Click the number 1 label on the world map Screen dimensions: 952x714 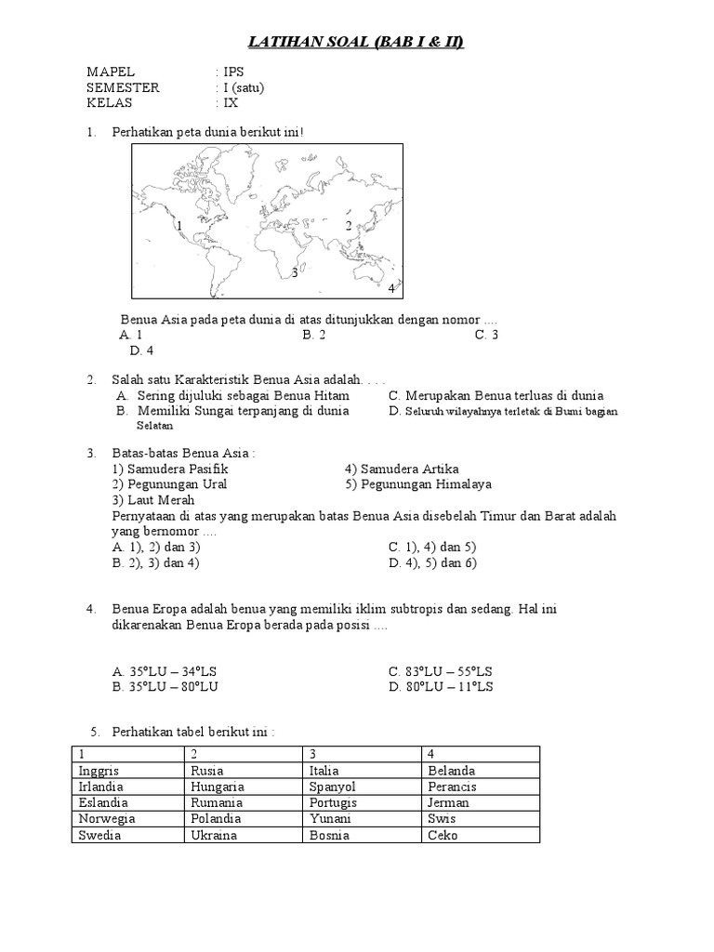(178, 226)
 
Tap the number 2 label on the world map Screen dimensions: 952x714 (349, 226)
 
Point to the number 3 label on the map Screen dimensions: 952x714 (294, 272)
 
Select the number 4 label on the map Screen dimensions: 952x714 (391, 289)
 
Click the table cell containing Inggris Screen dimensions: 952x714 (99, 771)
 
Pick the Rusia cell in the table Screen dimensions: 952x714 (207, 771)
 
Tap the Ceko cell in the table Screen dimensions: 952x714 (443, 835)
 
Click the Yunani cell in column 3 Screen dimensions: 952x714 (330, 819)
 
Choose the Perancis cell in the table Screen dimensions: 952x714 (452, 787)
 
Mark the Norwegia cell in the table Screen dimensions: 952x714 (107, 819)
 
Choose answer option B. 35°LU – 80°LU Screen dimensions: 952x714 (165, 687)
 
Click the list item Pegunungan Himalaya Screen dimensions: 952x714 (417, 484)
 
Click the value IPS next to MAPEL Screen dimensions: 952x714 (229, 73)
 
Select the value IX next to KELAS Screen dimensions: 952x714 (226, 103)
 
